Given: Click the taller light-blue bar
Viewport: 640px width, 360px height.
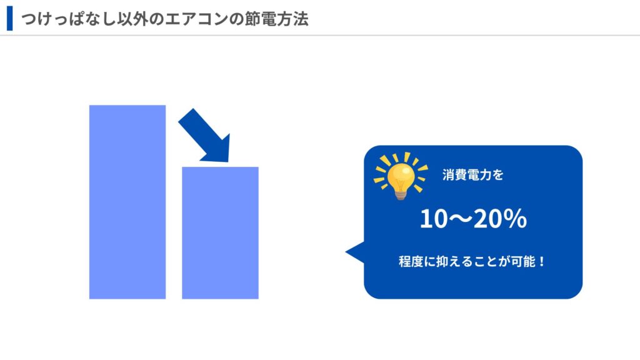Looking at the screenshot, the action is click(x=127, y=202).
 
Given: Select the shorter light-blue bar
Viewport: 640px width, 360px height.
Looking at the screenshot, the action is click(x=220, y=232).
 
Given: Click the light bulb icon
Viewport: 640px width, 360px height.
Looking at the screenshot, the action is click(x=401, y=176).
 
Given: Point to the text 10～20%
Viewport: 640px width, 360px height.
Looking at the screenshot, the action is click(x=473, y=219).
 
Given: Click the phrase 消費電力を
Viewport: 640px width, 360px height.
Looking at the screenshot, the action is click(x=472, y=175).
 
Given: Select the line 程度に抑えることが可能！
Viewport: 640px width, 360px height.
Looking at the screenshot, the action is click(x=472, y=261).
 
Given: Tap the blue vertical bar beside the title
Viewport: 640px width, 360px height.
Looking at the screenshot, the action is click(x=10, y=18).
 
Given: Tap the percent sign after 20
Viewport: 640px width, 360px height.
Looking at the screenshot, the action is click(x=515, y=219).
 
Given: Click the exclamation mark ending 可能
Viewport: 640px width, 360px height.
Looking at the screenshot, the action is click(x=542, y=262).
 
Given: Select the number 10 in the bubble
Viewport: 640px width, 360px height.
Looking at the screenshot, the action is click(x=434, y=219).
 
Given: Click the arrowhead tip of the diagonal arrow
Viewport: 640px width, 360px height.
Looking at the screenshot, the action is click(x=228, y=162).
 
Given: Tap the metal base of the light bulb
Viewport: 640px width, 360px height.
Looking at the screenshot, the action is click(x=401, y=195).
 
